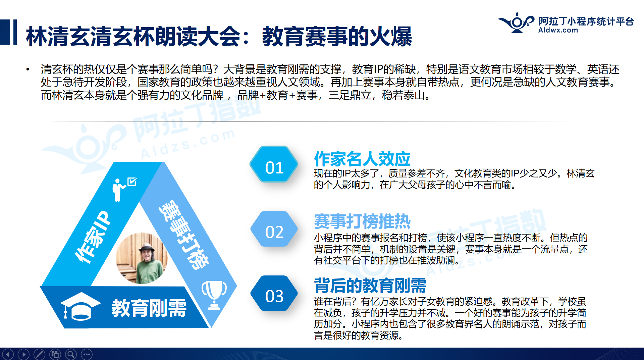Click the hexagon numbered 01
(x=274, y=164)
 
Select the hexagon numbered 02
(x=274, y=229)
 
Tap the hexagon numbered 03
(x=274, y=293)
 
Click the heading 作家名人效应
(x=362, y=159)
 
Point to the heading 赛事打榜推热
(x=362, y=221)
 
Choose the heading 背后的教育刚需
(x=370, y=285)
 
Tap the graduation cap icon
(x=80, y=306)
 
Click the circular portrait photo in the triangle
(x=142, y=258)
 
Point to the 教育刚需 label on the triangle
(x=149, y=308)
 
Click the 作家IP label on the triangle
(x=92, y=237)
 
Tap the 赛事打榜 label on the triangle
(x=184, y=235)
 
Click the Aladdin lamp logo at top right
(x=516, y=22)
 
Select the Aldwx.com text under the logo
(x=558, y=30)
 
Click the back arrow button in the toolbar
(x=8, y=354)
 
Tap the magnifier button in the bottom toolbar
(x=71, y=354)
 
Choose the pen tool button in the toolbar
(x=39, y=354)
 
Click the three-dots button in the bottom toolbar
(x=87, y=354)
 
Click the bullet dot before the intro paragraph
(x=28, y=69)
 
